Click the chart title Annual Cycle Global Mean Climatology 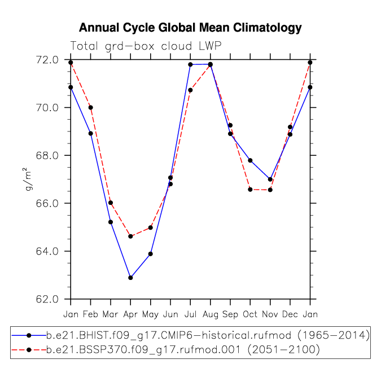click(190, 28)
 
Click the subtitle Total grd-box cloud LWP click(146, 46)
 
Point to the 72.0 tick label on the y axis click(47, 60)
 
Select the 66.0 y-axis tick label click(47, 203)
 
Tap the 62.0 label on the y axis click(47, 299)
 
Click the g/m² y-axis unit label click(28, 179)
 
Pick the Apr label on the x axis click(130, 314)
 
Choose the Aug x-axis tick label click(211, 314)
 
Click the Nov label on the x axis click(270, 314)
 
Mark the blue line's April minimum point click(130, 278)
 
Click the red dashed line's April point click(130, 236)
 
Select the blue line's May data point click(150, 254)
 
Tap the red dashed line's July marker click(190, 90)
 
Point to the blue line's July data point click(190, 64)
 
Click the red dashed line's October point click(250, 190)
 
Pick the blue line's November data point click(270, 179)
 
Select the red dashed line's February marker click(91, 107)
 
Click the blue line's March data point click(111, 222)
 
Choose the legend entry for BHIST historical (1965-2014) click(191, 335)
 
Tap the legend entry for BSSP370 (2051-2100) click(166, 350)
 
